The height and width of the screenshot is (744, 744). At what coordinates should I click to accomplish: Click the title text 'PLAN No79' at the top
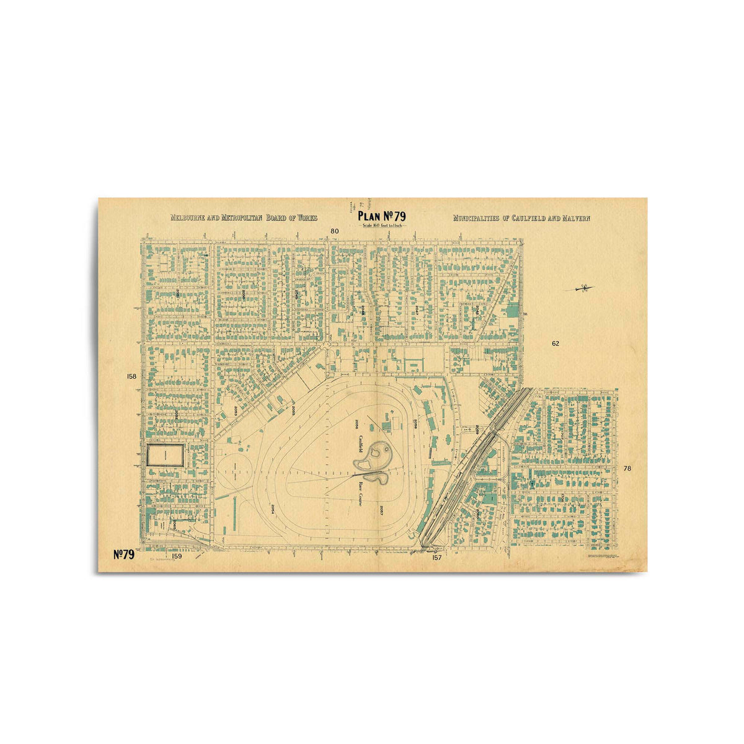pos(381,216)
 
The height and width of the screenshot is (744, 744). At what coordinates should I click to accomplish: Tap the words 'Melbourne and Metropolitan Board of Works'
pos(244,218)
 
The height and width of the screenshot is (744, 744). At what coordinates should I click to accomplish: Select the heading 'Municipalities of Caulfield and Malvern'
pos(521,218)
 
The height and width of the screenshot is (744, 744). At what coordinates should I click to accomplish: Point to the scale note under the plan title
pos(383,225)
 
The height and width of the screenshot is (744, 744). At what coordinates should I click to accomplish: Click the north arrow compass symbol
pos(580,288)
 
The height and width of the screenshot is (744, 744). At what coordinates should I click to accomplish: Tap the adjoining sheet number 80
pos(335,231)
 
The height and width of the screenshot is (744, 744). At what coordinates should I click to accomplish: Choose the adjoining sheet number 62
pos(555,343)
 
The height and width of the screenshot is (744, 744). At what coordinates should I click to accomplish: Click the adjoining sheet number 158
pos(131,376)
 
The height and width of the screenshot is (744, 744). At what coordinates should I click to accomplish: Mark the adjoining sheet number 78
pos(627,468)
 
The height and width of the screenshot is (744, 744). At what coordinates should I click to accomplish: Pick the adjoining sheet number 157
pos(436,557)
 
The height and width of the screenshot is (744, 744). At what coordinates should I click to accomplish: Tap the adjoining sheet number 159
pos(177,556)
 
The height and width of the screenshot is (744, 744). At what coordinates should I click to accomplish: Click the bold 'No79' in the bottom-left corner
pos(124,554)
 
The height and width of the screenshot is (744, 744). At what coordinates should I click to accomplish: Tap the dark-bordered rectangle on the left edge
pos(165,456)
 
